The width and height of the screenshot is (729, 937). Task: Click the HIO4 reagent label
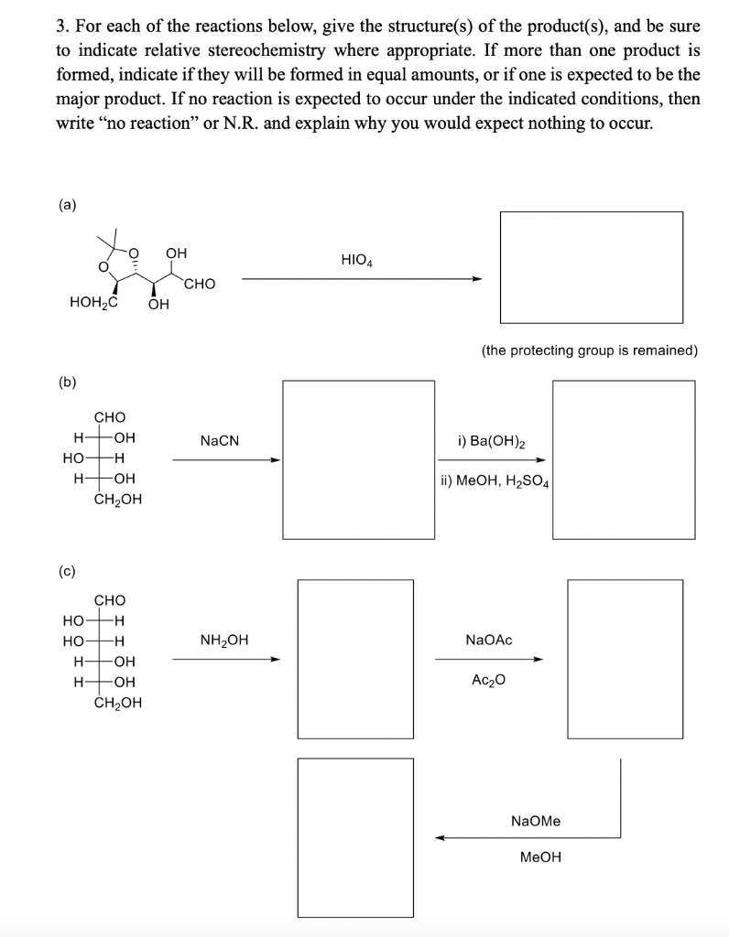tap(356, 260)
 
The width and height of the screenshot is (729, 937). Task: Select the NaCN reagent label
tap(220, 441)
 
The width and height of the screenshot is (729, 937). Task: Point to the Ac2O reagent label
tap(489, 680)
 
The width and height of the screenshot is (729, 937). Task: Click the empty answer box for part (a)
tap(591, 266)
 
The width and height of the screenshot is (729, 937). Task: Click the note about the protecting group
tap(590, 350)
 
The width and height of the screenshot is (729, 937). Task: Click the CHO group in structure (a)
tap(199, 284)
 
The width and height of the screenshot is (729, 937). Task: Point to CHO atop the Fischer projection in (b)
tap(110, 417)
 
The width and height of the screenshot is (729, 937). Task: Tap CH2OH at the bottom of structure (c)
tap(118, 703)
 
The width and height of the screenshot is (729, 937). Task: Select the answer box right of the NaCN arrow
tap(358, 459)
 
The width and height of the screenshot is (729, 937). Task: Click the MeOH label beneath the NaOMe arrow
tap(540, 857)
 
